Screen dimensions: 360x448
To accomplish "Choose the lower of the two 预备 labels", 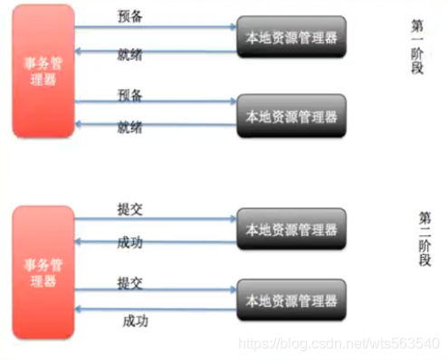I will tap(129, 94).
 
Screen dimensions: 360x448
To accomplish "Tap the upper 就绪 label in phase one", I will tap(129, 56).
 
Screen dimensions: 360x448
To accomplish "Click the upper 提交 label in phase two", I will tap(129, 209).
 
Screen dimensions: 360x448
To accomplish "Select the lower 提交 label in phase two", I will tap(129, 283).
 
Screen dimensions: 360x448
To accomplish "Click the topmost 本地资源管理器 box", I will tap(291, 38).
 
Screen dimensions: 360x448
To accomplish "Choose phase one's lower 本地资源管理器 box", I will tap(291, 117).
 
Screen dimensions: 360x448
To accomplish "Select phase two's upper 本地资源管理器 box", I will tap(291, 231).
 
